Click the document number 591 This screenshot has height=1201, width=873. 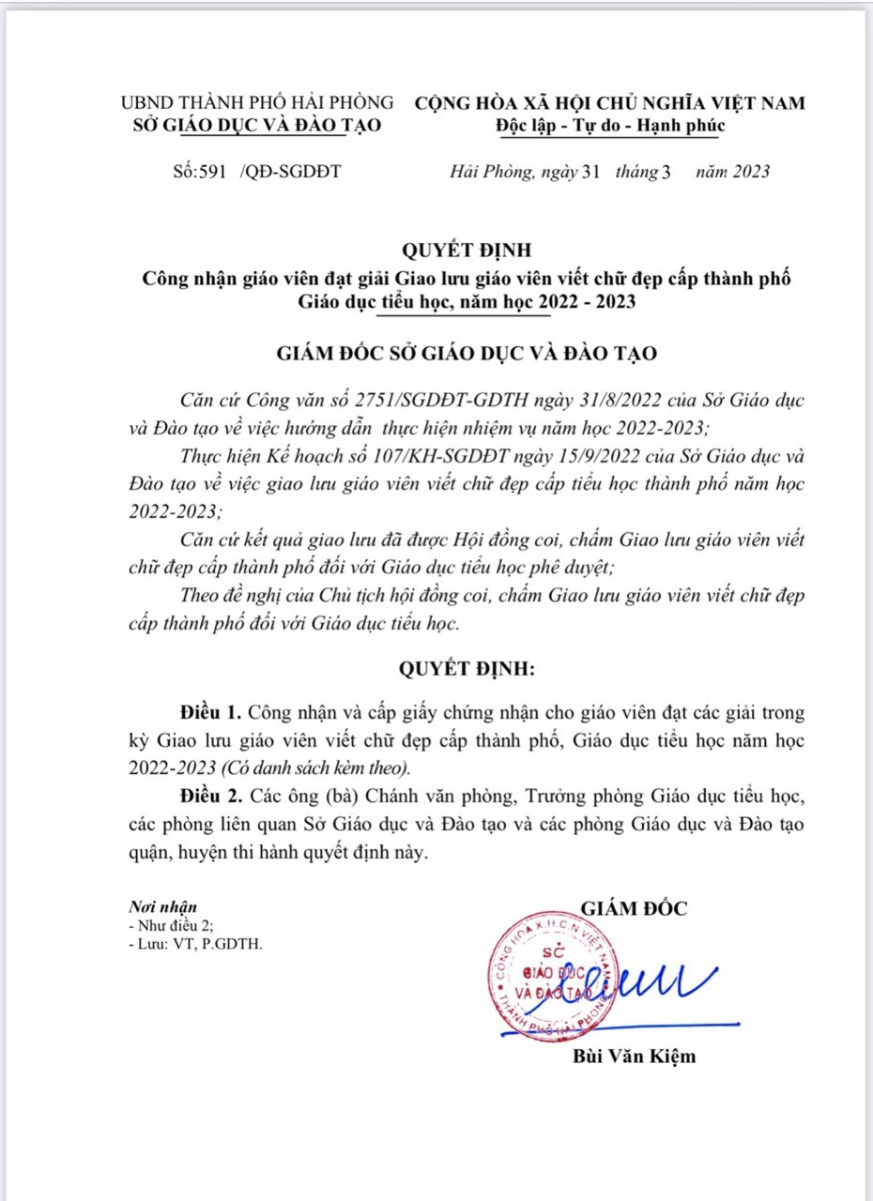[213, 172]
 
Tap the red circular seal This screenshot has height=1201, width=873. [554, 977]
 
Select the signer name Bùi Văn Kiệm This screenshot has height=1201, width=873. [635, 1057]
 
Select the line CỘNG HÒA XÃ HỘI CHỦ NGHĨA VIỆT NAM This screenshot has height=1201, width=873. [610, 103]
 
